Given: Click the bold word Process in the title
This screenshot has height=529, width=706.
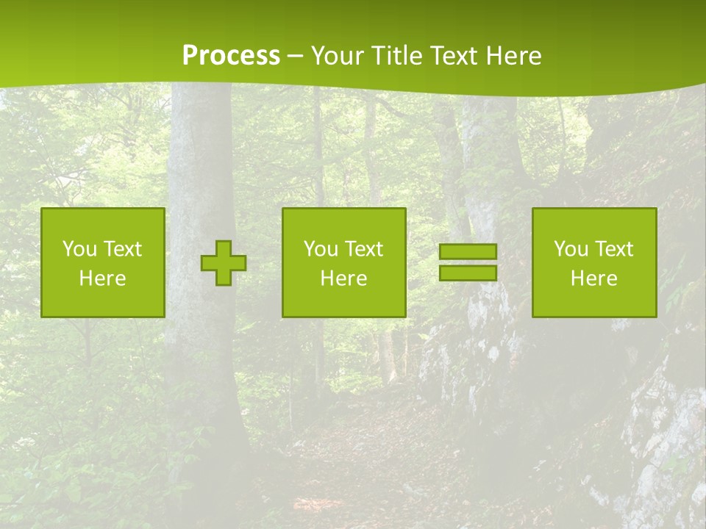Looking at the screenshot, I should tap(231, 56).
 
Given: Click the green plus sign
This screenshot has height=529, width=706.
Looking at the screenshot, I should tap(224, 263).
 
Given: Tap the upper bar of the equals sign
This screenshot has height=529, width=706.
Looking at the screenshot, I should tap(468, 252).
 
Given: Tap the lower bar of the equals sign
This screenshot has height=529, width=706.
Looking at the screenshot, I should tap(468, 273).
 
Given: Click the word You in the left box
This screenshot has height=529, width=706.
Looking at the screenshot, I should tap(79, 249).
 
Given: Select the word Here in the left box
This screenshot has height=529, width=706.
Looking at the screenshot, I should tap(102, 278).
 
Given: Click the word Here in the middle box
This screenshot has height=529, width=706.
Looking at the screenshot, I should tap(343, 278).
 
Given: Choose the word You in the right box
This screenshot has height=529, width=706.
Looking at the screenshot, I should tap(571, 249).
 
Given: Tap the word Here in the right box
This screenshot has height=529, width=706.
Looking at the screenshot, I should tap(593, 278).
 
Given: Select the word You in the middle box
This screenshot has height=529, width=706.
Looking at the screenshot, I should tap(321, 249).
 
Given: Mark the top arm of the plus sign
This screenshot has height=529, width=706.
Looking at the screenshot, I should tap(224, 248).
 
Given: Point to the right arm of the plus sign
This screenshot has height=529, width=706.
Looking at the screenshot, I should tap(238, 263).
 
